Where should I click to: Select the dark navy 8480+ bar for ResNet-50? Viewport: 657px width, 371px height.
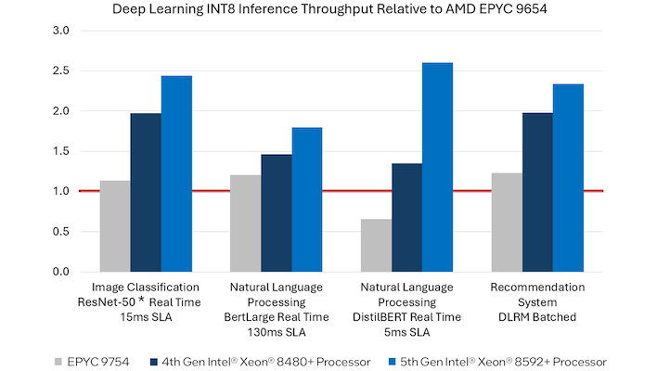pos(146,192)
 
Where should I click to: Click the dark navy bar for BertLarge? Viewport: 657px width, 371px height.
pos(277,212)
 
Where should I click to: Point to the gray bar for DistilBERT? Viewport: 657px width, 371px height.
pos(376,245)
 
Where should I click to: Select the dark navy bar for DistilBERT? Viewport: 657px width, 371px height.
pos(407,217)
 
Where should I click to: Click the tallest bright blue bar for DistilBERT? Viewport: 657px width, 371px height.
pos(438,167)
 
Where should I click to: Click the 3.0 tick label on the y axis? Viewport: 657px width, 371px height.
pos(60,31)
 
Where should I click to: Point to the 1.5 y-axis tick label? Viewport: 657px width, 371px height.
pos(60,151)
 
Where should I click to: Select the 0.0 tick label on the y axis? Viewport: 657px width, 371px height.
pos(60,272)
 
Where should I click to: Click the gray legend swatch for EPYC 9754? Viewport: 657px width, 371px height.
pos(59,360)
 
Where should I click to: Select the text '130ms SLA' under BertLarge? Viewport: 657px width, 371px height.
pos(277,331)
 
